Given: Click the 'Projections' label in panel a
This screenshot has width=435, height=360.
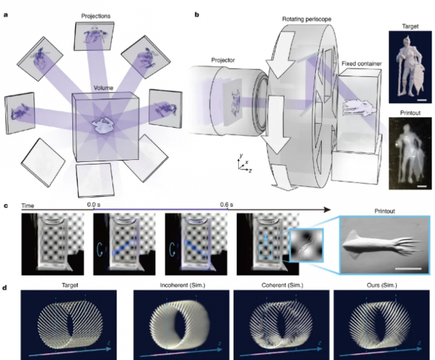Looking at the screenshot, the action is (96, 16).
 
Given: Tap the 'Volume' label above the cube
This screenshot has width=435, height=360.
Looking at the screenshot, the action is (103, 88).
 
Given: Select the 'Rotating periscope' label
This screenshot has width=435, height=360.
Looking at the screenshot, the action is (307, 19).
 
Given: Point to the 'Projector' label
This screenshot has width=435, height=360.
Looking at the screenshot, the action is (223, 60).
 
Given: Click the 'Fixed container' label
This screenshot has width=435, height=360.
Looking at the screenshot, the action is (361, 64).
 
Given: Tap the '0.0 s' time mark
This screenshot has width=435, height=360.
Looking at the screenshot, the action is (94, 205).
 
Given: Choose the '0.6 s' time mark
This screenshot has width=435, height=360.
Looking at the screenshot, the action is (227, 205).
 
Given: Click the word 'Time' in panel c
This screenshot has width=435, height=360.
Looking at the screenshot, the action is (27, 206).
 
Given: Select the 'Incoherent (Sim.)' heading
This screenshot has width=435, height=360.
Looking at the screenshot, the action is (183, 285).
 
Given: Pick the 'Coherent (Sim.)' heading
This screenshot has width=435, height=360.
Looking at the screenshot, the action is (282, 285).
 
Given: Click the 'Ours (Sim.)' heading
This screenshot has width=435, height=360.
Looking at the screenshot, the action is (381, 285).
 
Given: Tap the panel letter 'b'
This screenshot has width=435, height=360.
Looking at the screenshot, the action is (197, 15).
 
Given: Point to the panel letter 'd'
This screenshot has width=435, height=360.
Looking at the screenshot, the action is (5, 288).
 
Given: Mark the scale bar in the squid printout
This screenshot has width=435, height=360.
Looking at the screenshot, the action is (408, 268).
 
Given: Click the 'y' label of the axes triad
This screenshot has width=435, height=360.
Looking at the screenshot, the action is (242, 155).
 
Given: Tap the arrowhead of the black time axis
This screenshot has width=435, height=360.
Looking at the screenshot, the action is (327, 209).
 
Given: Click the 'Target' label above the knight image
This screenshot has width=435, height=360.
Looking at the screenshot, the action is (410, 26).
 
